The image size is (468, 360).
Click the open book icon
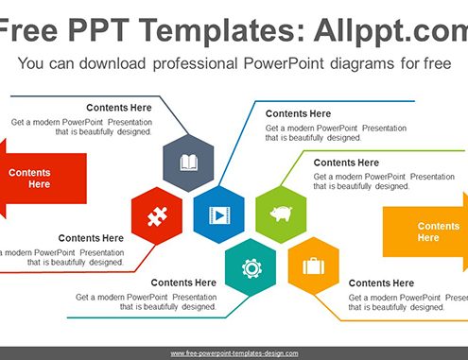[189, 163]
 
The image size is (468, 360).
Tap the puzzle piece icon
[157, 216]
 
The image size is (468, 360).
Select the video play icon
[219, 215]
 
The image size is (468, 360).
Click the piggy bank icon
[281, 214]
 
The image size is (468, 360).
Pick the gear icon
[251, 268]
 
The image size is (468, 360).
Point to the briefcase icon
[314, 266]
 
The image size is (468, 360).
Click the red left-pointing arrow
[43, 179]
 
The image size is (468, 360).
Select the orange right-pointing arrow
[425, 231]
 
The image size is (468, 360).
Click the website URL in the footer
[234, 353]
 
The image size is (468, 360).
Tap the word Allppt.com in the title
[390, 30]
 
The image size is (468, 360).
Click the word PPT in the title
[98, 30]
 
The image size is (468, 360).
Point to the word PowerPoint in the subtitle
[284, 63]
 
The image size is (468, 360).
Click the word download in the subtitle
[113, 63]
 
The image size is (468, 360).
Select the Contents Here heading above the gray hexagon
[119, 108]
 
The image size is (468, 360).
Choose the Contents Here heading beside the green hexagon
[346, 163]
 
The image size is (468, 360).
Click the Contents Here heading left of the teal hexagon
[183, 283]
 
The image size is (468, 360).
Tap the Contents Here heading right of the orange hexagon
[381, 283]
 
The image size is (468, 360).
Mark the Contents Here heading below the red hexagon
[91, 238]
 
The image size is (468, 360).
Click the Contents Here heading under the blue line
[298, 113]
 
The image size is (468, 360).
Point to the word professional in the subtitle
[195, 64]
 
